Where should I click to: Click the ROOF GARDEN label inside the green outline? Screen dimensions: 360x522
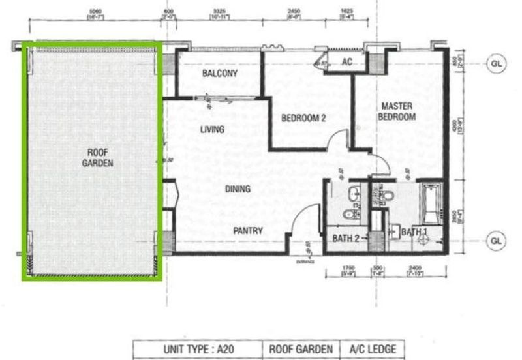[97, 157]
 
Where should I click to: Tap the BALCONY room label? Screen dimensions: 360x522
[219, 74]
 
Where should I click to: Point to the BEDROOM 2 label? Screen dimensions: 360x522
[303, 118]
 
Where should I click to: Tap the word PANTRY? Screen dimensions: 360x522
[248, 230]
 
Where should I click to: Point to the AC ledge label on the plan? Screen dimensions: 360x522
[347, 63]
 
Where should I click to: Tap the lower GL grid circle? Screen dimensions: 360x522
[497, 240]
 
